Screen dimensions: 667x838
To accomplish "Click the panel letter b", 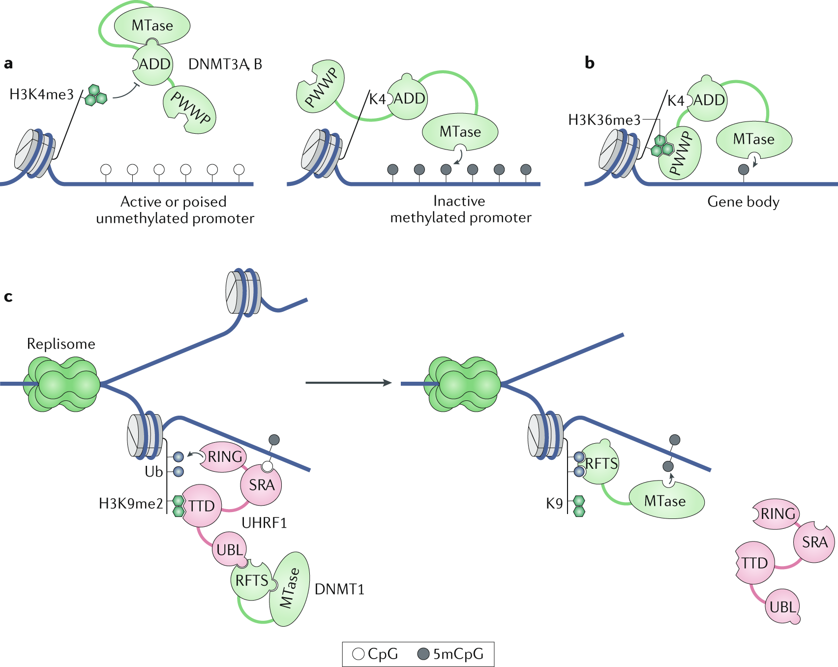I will (x=589, y=63).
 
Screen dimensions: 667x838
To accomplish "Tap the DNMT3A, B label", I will (x=225, y=64).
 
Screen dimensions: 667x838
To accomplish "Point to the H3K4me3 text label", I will (x=41, y=94).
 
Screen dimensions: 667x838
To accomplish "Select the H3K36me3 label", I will (x=604, y=120).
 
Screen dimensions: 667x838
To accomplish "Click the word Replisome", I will (x=61, y=344).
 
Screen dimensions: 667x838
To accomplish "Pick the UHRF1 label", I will (x=264, y=523).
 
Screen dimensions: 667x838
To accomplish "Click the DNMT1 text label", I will (x=339, y=589).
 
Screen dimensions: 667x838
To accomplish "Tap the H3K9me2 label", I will (x=131, y=504).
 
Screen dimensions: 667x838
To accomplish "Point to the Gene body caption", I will (x=743, y=202).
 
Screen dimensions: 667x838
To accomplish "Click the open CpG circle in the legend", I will (x=359, y=654).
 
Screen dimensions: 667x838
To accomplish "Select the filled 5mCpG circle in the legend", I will (x=423, y=654).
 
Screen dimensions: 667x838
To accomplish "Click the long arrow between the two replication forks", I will (x=348, y=383).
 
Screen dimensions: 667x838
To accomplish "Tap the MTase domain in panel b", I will (x=753, y=139).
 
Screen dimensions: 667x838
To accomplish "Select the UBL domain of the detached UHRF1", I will (x=782, y=607).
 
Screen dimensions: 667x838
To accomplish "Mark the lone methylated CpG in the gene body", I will (x=744, y=170).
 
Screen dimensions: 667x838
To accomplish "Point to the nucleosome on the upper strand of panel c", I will (x=242, y=291).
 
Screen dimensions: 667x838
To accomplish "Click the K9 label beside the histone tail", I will (x=554, y=504).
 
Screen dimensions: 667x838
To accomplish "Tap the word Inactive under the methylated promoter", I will (x=459, y=201).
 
